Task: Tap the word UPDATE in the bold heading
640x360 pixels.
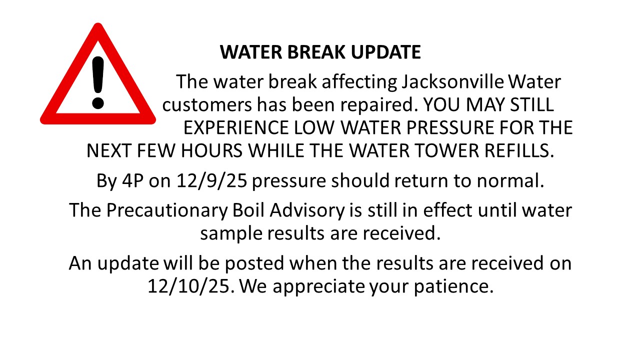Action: click(385, 52)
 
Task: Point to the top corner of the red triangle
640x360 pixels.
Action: click(98, 23)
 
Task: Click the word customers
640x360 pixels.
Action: click(207, 105)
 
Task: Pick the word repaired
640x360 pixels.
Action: click(379, 105)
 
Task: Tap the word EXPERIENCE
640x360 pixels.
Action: click(235, 127)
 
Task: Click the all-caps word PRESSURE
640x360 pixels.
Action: click(450, 127)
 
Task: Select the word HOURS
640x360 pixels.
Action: click(211, 150)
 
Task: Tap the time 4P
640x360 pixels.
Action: click(132, 180)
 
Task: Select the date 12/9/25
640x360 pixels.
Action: click(211, 181)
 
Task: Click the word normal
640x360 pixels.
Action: click(510, 181)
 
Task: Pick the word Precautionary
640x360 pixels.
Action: click(167, 211)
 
